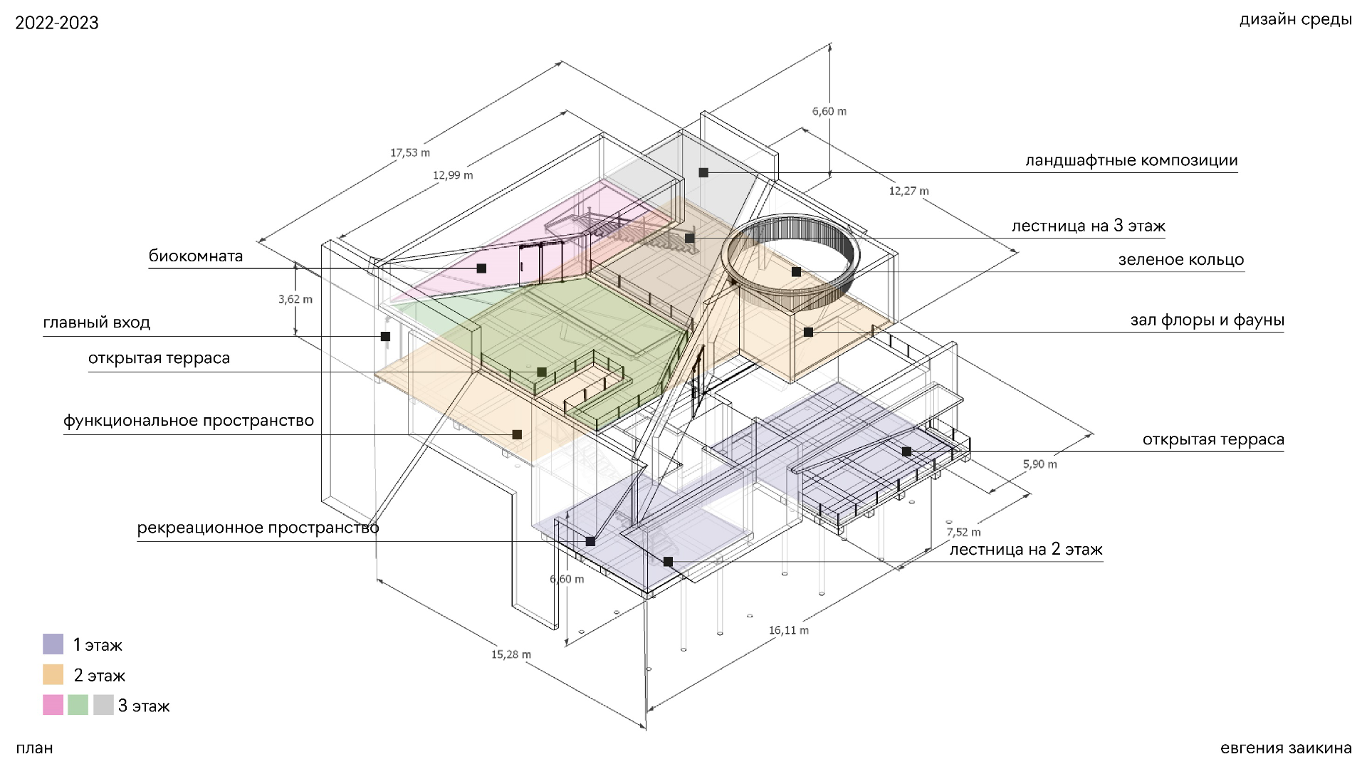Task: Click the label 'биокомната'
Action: pyautogui.click(x=196, y=256)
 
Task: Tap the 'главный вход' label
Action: pyautogui.click(x=97, y=323)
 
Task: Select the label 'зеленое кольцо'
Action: pyautogui.click(x=1181, y=260)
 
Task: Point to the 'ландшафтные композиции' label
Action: pyautogui.click(x=1131, y=161)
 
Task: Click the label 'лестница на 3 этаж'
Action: pyautogui.click(x=1089, y=226)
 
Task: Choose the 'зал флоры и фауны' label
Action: pyautogui.click(x=1208, y=320)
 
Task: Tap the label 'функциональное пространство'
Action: pyautogui.click(x=189, y=421)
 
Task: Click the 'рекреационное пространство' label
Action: pyautogui.click(x=258, y=528)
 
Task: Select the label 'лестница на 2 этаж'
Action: pyautogui.click(x=1026, y=550)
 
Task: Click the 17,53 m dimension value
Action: pyautogui.click(x=410, y=152)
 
